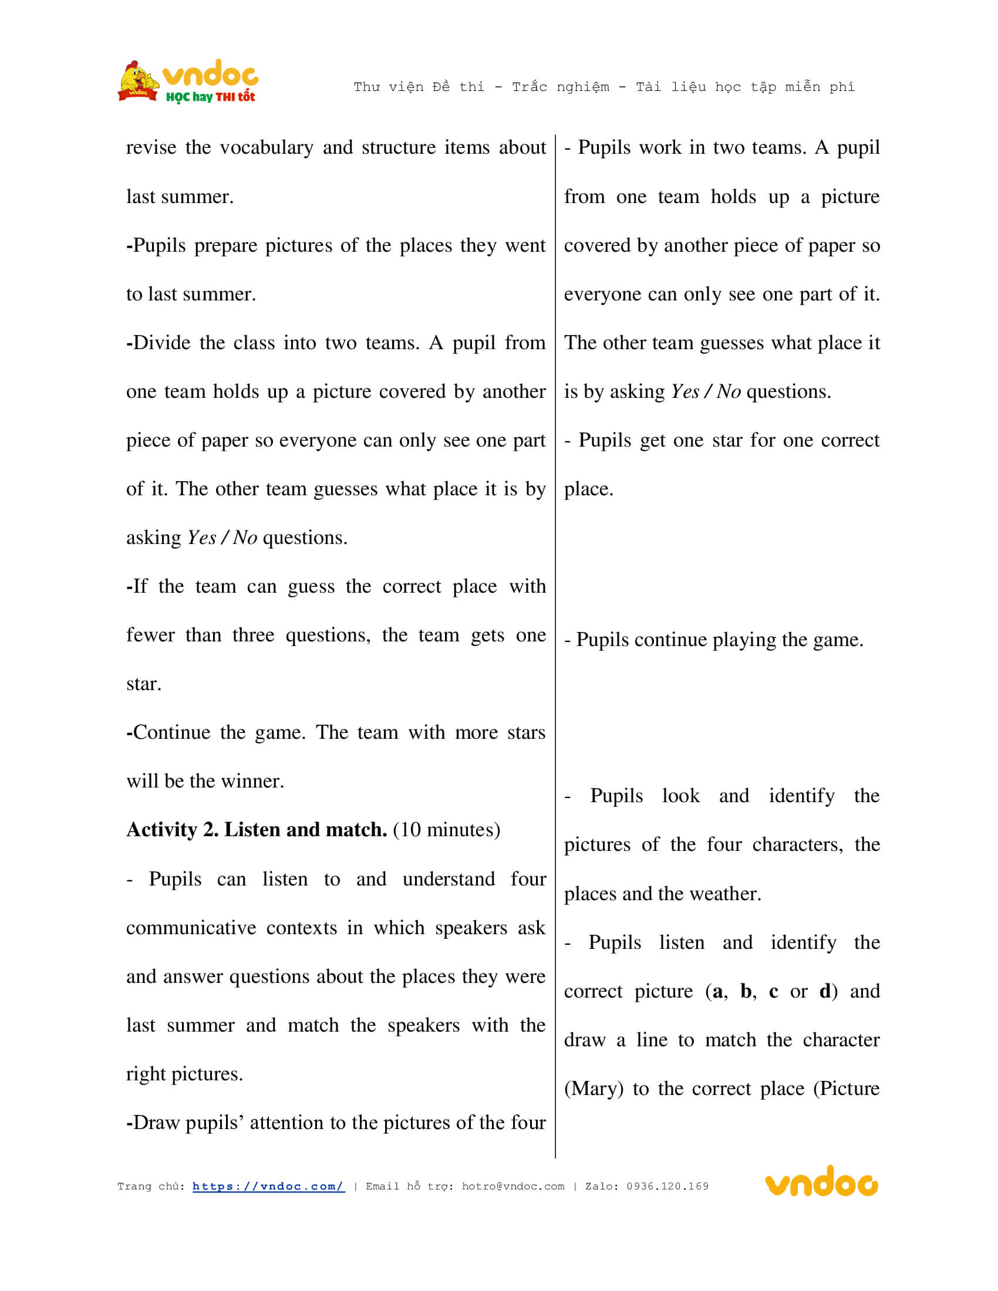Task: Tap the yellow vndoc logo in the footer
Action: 821,1183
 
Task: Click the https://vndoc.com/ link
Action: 268,1187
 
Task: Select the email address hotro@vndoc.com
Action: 513,1187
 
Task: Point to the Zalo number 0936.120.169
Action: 667,1187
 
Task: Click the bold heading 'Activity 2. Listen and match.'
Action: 257,830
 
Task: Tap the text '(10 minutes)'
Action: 446,830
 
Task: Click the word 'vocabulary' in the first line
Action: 267,148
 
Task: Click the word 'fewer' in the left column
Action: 150,636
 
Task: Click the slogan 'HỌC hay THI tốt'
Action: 211,97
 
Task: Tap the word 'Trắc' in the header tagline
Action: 530,87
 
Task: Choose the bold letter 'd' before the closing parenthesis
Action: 825,991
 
